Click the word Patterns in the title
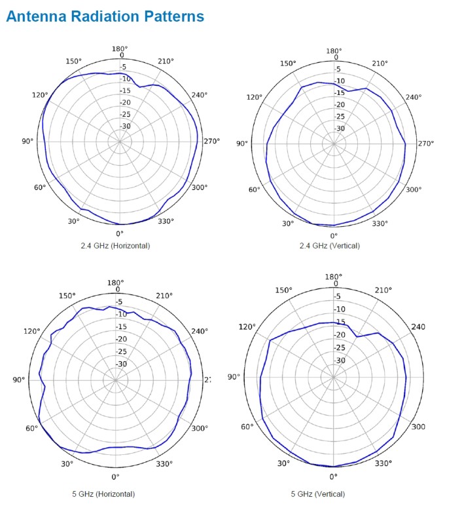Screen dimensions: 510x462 tap(173, 16)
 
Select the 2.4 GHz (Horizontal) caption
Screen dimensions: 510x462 tap(120, 246)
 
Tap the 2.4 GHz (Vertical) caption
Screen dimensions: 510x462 tap(334, 246)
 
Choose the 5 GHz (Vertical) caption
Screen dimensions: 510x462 tap(334, 494)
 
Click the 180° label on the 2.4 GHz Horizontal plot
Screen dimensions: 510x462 tap(120, 48)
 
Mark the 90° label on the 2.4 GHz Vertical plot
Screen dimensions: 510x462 tap(242, 144)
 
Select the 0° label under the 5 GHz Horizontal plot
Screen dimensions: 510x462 tap(115, 477)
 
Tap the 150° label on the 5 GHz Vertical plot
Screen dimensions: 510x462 tap(283, 290)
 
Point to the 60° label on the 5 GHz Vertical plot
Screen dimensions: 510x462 tap(247, 427)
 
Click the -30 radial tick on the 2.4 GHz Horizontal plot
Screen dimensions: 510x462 tap(125, 126)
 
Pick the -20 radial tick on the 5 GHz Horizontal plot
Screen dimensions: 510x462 tap(120, 339)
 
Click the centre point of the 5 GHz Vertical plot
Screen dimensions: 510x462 tap(334, 378)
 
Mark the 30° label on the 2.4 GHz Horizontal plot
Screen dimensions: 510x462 tap(73, 221)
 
